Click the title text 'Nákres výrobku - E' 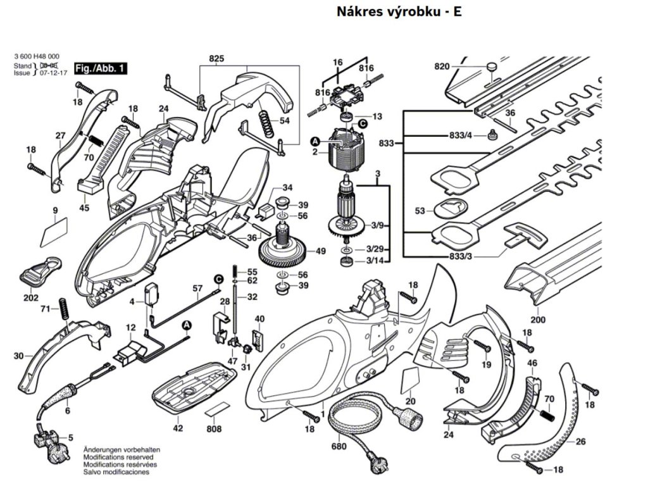tap(399, 11)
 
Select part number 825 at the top tap(216, 59)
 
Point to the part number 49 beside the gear tap(321, 251)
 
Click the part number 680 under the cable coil tap(339, 447)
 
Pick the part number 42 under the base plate tap(178, 428)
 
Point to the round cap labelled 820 tap(492, 65)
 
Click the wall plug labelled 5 tap(47, 438)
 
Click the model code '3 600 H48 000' tap(37, 57)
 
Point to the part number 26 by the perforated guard tap(580, 441)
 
